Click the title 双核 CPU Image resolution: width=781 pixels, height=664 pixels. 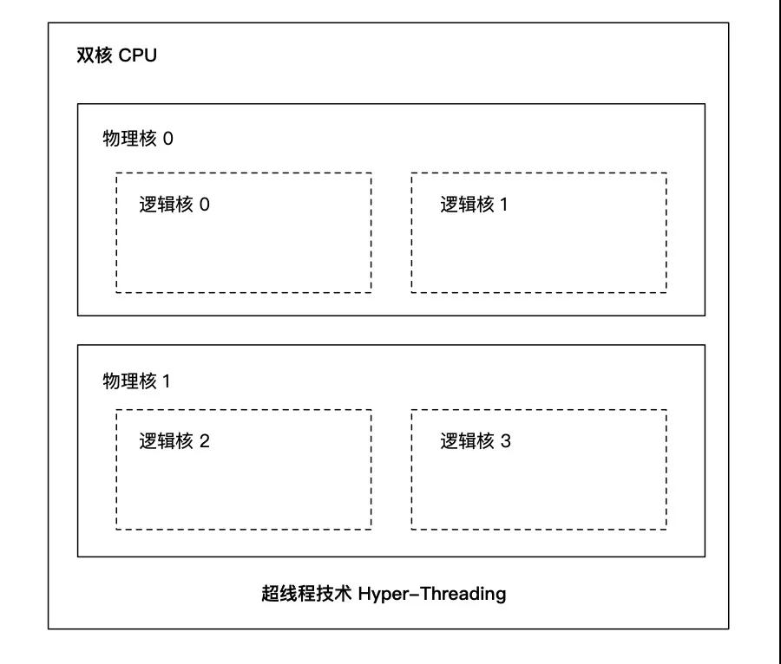tap(116, 55)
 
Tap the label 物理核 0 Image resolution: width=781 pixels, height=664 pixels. tap(138, 139)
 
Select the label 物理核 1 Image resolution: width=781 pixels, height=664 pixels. tap(136, 381)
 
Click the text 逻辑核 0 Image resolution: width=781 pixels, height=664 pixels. tap(174, 204)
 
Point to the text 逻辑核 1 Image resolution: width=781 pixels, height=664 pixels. tap(474, 204)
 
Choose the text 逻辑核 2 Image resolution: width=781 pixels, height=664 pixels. tap(174, 440)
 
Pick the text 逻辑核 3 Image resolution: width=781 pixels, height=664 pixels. tap(476, 440)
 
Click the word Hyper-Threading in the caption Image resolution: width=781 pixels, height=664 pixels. tap(432, 594)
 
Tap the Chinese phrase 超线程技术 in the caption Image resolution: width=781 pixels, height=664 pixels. tap(306, 594)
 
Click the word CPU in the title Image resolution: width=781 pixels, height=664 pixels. tap(137, 55)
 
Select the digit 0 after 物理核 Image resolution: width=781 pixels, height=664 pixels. tap(168, 139)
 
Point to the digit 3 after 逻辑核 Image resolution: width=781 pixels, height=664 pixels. tap(506, 441)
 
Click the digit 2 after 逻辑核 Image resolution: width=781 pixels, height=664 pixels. tap(204, 441)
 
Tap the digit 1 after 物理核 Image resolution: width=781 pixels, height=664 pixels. tap(167, 381)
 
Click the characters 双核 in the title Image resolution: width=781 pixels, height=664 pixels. tap(95, 55)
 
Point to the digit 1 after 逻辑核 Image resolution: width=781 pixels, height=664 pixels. tap(504, 205)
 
